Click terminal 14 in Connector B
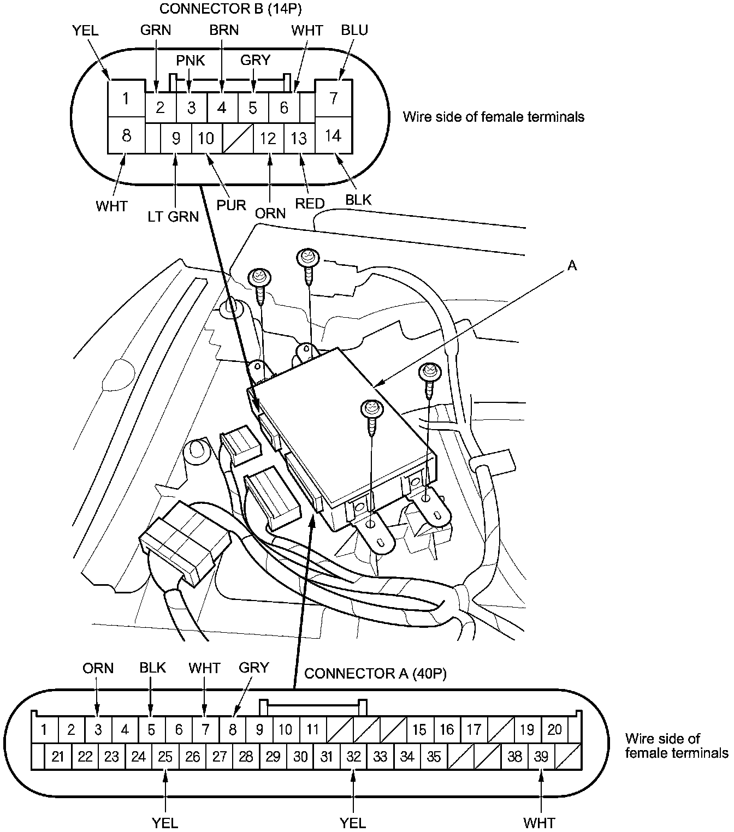pos(333,135)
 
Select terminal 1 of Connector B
pos(126,99)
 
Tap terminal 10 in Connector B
pos(206,138)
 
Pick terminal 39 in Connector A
pos(541,756)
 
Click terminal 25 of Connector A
pos(165,756)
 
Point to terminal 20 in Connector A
pos(554,729)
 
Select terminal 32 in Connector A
pos(354,756)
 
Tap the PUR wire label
pos(232,206)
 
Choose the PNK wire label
pos(190,60)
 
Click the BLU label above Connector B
pos(354,30)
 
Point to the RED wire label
pos(310,204)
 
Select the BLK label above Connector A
pos(152,668)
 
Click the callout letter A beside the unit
pos(572,266)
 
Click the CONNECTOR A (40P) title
pos(375,674)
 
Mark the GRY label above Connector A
pos(254,668)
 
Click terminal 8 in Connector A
pos(233,729)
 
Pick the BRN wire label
pos(224,30)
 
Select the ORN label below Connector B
pos(270,212)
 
